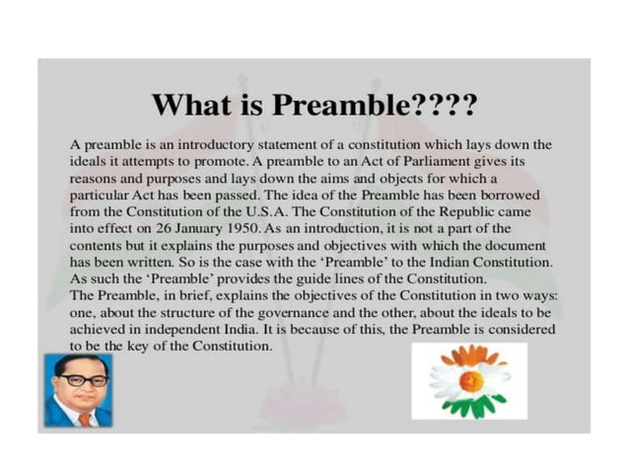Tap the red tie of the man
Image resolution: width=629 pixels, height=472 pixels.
point(85,418)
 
